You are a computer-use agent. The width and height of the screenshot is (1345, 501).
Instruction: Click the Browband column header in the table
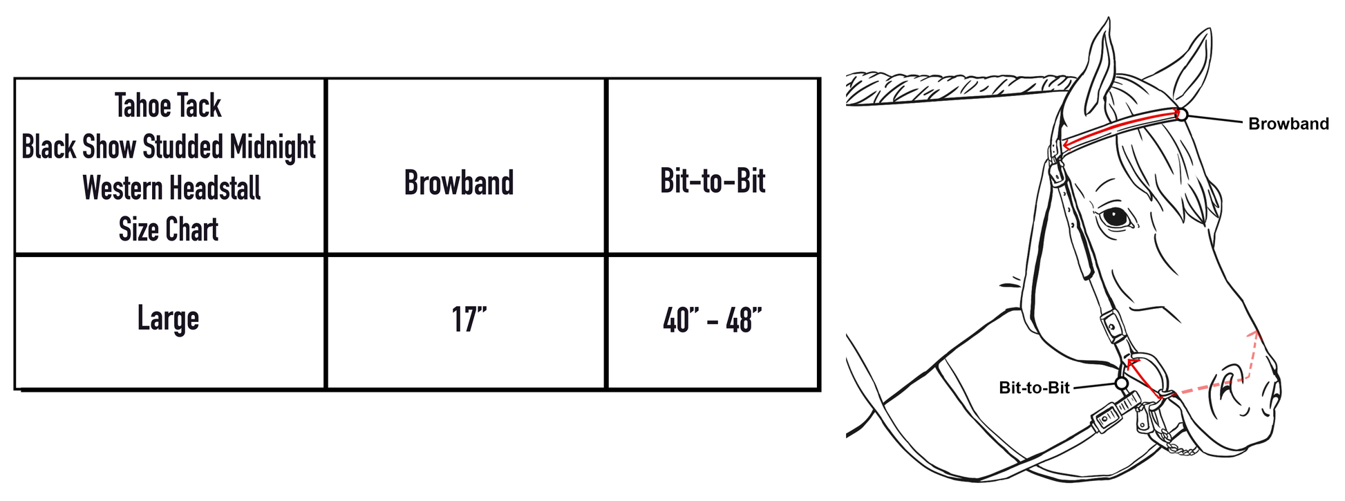[x=459, y=183]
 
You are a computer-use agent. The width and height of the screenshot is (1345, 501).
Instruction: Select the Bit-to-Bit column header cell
[x=713, y=181]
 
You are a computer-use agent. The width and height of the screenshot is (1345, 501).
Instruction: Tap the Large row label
[x=168, y=319]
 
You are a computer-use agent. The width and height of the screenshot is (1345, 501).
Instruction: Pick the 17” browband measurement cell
[x=469, y=320]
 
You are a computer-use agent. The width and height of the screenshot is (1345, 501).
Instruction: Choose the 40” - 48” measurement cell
[x=712, y=321]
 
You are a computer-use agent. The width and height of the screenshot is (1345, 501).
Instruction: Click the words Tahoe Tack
[x=168, y=106]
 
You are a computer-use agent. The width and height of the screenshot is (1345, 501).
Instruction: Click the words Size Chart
[x=168, y=229]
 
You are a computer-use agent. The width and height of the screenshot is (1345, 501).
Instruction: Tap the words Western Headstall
[x=171, y=188]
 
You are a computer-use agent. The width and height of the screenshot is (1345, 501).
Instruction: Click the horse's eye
[x=1114, y=217]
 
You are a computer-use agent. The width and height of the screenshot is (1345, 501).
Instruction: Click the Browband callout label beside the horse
[x=1288, y=124]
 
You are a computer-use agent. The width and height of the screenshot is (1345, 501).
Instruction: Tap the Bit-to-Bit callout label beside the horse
[x=1034, y=388]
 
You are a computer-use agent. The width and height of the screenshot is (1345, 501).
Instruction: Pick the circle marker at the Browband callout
[x=1182, y=115]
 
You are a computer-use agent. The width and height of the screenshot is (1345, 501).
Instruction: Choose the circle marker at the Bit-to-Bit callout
[x=1121, y=383]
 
